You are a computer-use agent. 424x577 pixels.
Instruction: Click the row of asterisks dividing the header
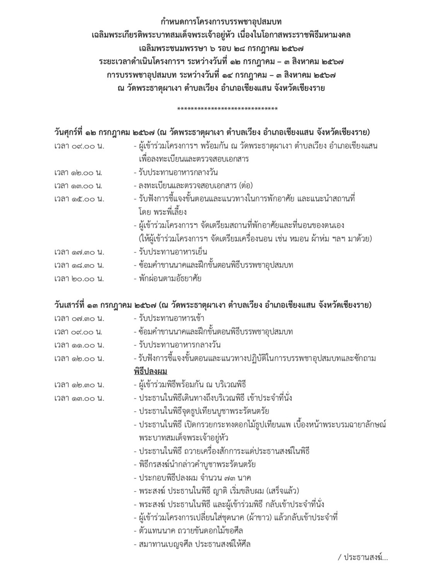tap(227, 109)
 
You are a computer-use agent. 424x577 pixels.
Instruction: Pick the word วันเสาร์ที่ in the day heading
tap(70, 305)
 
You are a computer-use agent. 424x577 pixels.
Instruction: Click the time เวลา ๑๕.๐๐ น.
tap(79, 199)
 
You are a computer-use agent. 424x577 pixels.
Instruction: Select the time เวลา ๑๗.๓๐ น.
tap(79, 252)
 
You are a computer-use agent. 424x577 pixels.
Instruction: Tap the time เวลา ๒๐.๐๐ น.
tap(79, 279)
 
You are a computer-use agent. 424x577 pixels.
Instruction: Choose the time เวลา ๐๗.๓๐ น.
tap(79, 318)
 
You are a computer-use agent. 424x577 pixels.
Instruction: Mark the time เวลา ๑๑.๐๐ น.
tap(79, 345)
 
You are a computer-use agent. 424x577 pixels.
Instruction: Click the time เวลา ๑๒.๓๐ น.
tap(79, 385)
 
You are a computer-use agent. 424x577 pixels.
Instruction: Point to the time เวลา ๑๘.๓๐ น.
tap(79, 266)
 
